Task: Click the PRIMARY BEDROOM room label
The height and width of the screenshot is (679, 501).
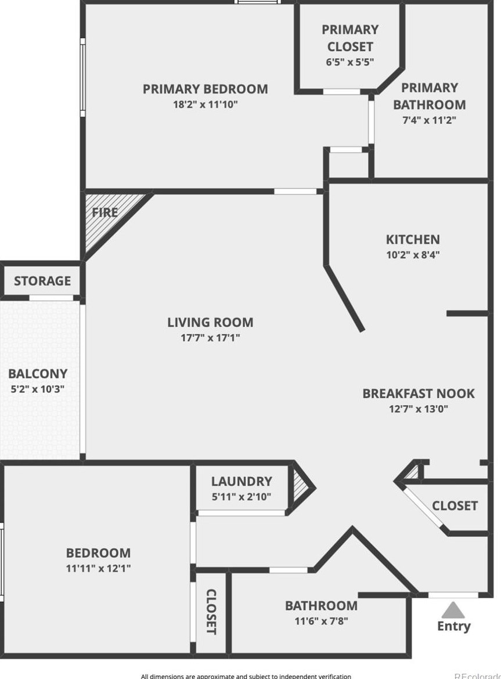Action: (205, 89)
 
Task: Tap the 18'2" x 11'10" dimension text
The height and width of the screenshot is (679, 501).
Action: (205, 105)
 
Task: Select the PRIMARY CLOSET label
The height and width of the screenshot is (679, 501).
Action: (349, 38)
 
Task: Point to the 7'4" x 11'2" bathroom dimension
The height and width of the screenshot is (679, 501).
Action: (429, 121)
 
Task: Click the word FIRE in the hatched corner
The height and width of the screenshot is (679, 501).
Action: (104, 212)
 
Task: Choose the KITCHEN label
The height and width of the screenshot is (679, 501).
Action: (413, 239)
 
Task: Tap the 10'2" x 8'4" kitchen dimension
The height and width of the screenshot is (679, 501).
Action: (413, 255)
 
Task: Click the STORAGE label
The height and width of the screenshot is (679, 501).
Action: (42, 281)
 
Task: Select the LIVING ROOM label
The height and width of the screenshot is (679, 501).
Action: (210, 323)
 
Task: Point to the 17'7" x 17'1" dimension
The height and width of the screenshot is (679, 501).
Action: (210, 338)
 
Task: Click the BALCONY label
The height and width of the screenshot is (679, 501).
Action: (38, 374)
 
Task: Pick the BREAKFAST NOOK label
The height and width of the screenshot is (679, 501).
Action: (418, 393)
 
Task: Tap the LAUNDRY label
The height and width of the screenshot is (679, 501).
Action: (242, 482)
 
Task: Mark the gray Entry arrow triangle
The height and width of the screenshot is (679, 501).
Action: (453, 610)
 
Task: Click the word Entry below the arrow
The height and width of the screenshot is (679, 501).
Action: (453, 626)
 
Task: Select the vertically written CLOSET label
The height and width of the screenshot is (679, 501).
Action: (211, 612)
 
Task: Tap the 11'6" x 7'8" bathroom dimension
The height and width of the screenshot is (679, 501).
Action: (321, 621)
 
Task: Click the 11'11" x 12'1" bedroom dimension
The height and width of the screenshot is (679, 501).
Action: (98, 569)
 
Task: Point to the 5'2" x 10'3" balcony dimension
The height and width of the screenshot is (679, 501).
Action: (38, 389)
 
